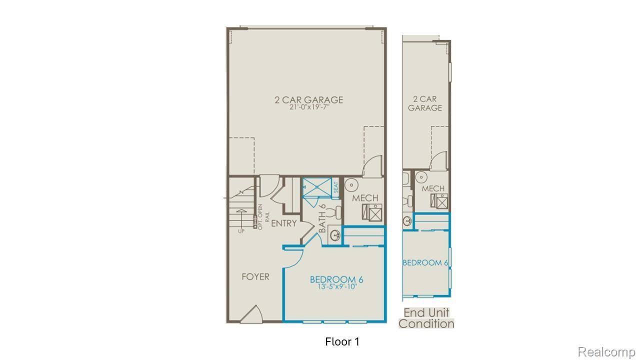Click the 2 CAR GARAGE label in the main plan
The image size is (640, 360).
[308, 99]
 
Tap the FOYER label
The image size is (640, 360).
[255, 276]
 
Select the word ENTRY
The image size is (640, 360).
[284, 223]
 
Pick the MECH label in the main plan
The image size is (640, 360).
[365, 198]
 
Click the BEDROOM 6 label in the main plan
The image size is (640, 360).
[336, 279]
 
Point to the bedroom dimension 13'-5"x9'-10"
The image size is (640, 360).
[336, 287]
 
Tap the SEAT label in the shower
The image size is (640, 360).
[336, 187]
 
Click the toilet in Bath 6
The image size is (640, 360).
[337, 212]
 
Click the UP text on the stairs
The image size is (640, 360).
[241, 230]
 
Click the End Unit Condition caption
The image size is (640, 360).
[426, 318]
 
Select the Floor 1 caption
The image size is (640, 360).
[342, 342]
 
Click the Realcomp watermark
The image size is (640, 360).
[607, 352]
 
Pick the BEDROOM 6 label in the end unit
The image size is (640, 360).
[425, 262]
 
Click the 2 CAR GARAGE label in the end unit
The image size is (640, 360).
[425, 103]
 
